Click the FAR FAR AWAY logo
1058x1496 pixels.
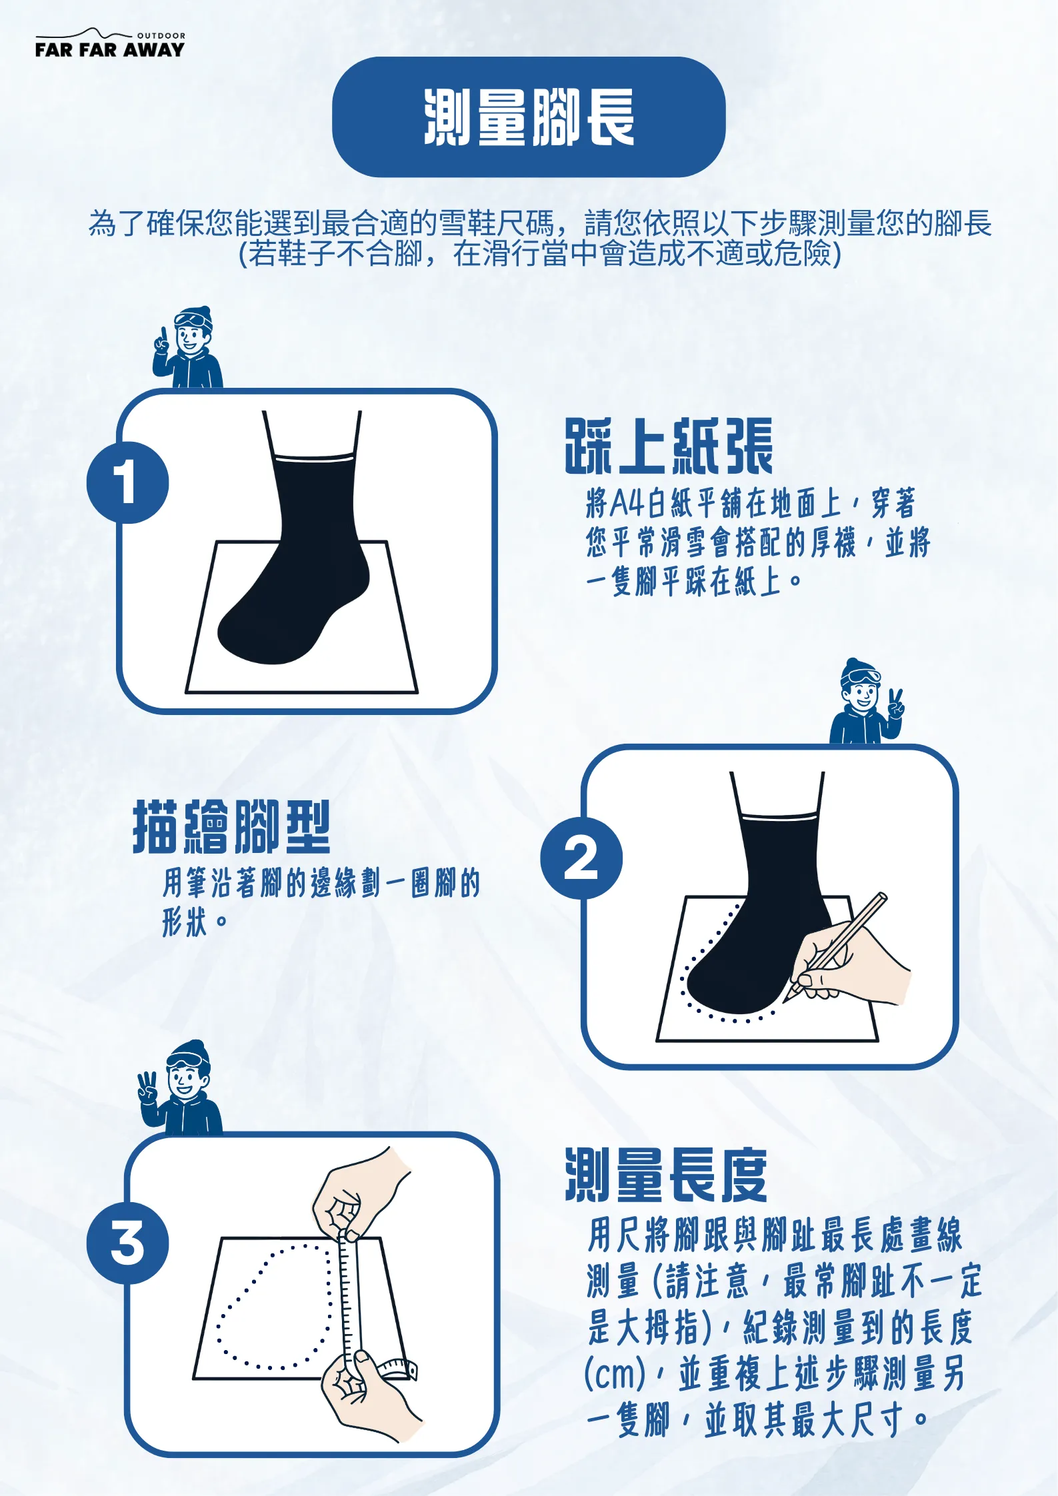pos(110,43)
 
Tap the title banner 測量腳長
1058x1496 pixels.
pos(529,117)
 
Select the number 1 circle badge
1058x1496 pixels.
pos(127,482)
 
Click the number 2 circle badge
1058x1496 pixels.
pos(581,858)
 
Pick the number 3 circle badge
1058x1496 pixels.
pos(127,1243)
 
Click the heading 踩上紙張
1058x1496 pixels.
pos(669,446)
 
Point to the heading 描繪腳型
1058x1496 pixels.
pos(231,827)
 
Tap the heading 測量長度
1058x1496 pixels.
pos(666,1175)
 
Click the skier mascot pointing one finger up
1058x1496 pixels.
pos(187,348)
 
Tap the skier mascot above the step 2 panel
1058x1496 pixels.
pos(867,702)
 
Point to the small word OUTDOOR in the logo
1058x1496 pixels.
pos(161,35)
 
